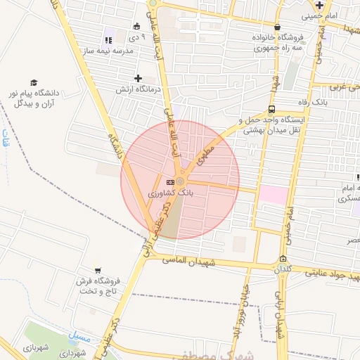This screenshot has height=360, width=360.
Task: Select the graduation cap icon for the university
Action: (32, 83)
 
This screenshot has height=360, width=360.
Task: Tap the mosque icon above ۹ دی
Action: (135, 26)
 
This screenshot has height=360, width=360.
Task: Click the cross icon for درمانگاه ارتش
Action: (138, 78)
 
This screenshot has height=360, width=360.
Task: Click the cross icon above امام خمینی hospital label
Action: (320, 5)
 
